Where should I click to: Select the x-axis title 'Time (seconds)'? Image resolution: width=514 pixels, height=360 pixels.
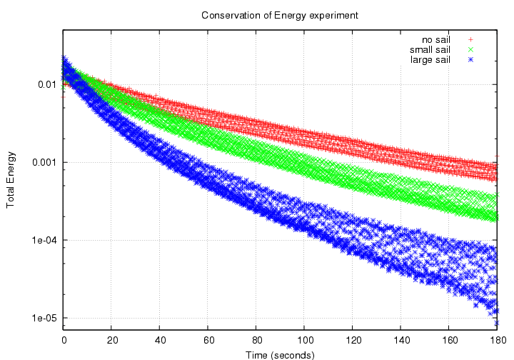click(x=281, y=353)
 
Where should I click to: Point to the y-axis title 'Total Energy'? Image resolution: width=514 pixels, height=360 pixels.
click(x=11, y=180)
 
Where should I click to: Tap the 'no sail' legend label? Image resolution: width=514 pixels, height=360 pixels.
click(x=435, y=39)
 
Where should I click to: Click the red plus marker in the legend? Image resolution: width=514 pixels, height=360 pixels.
click(x=471, y=39)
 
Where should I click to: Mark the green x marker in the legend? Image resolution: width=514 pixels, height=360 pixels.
click(x=471, y=49)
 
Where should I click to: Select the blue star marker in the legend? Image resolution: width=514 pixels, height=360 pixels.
click(x=471, y=59)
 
